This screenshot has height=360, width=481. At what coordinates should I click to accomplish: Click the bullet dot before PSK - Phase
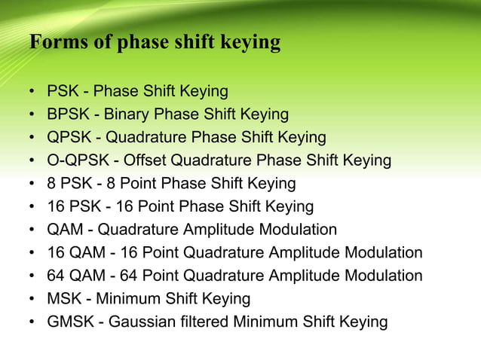pyautogui.click(x=32, y=93)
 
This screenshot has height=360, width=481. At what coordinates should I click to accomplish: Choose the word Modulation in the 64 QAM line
pyautogui.click(x=379, y=276)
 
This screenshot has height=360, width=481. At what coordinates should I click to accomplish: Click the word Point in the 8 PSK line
pyautogui.click(x=126, y=184)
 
